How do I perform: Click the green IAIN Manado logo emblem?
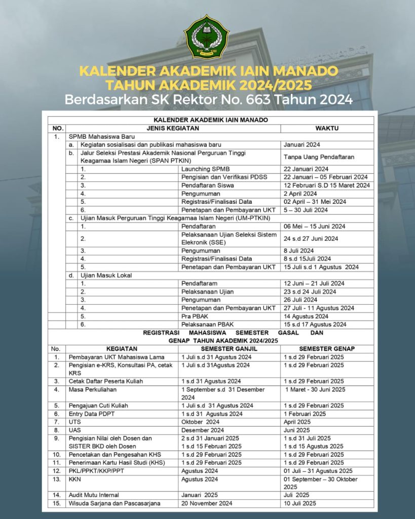[206, 36]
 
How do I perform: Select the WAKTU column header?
[327, 128]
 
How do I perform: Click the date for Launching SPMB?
[306, 169]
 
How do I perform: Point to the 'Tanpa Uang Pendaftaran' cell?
[318, 157]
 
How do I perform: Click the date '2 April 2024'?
[300, 193]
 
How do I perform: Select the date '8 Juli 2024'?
[298, 250]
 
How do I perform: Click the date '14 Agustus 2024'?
[306, 316]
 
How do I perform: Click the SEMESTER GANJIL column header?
[229, 349]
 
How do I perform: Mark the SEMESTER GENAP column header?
[327, 349]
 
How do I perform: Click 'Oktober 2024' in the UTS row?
[200, 422]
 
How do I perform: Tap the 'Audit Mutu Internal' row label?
[94, 495]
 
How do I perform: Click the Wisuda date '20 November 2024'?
[207, 503]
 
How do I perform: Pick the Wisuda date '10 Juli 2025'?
[300, 503]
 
